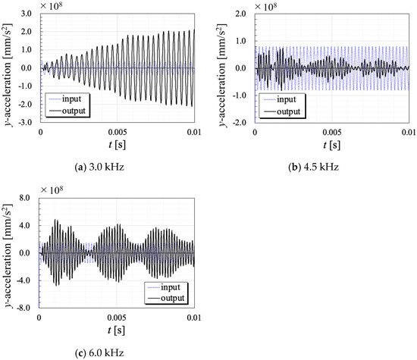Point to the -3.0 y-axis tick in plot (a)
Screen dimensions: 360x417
24,122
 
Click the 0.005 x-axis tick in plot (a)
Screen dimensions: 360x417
116,133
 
